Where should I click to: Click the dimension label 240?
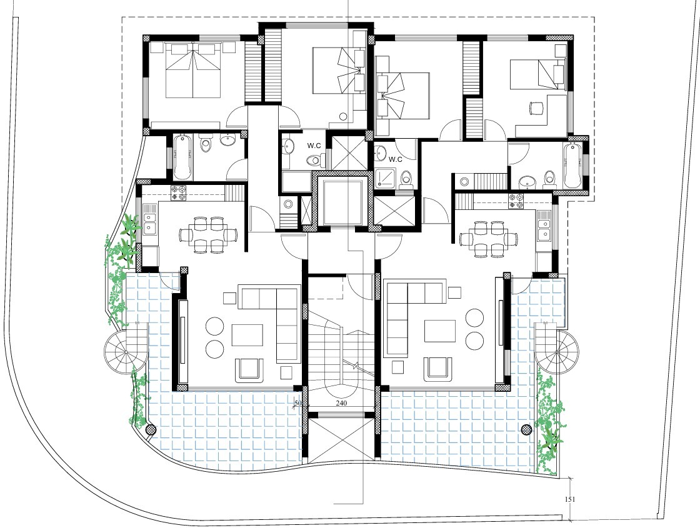(x=341, y=404)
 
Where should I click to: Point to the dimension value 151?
(x=570, y=499)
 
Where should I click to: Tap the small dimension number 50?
(x=297, y=404)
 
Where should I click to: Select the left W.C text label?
(x=314, y=146)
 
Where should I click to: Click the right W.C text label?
(x=395, y=159)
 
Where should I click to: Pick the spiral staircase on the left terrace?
(x=124, y=352)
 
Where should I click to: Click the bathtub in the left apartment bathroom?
(x=181, y=156)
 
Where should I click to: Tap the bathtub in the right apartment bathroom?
(x=571, y=165)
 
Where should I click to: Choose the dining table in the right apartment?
(x=489, y=237)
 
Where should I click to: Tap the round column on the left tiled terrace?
(x=150, y=429)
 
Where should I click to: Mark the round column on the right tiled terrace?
(x=526, y=429)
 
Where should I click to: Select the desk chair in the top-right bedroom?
(x=537, y=108)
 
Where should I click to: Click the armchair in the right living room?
(x=437, y=369)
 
